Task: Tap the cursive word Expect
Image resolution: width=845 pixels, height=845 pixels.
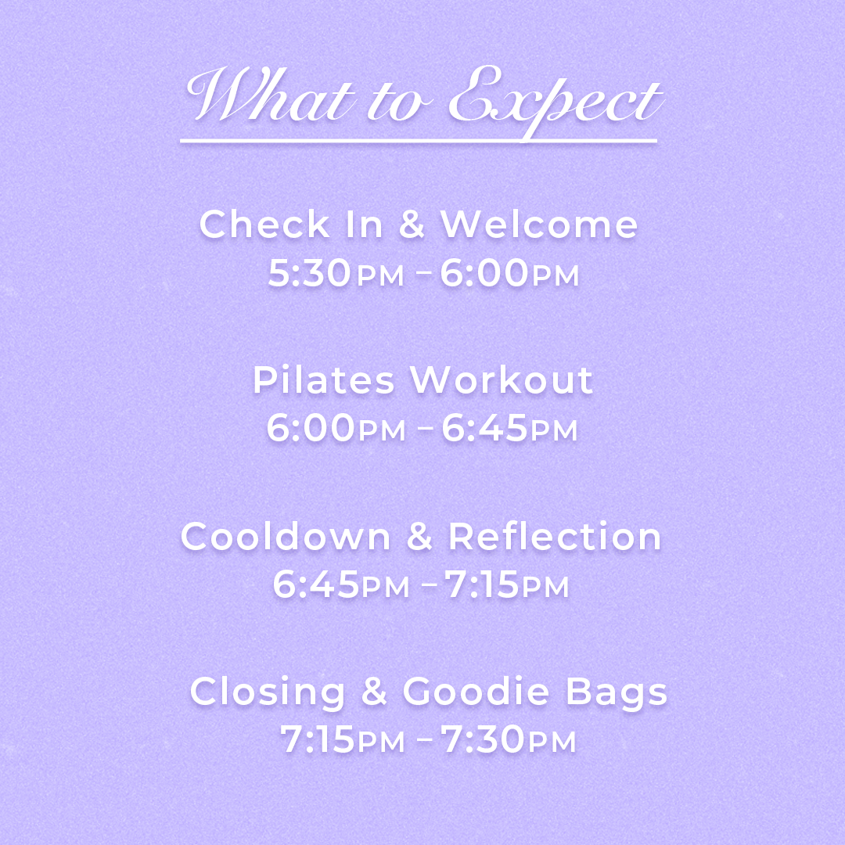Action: pos(556,100)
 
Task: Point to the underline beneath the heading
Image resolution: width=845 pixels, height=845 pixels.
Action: pos(419,141)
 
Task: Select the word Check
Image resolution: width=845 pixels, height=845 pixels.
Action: pos(264,225)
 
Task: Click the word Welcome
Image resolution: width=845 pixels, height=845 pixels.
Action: pos(539,225)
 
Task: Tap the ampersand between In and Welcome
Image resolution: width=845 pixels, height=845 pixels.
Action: pos(412,225)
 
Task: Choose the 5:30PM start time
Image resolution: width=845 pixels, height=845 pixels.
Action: pos(336,273)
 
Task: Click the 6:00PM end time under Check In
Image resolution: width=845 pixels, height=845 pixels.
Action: pos(509,273)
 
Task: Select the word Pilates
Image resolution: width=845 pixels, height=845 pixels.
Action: pos(324,380)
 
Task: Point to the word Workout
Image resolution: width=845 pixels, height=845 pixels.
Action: pos(502,380)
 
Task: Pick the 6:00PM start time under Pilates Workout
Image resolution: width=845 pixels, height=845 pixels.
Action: pos(336,429)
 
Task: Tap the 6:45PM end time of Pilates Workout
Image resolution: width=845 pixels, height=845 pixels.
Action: pos(509,429)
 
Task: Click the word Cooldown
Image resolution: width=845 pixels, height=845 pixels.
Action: pos(286,537)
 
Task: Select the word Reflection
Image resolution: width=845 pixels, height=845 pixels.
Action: pos(555,537)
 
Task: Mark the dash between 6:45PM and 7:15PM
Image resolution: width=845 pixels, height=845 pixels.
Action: pos(430,584)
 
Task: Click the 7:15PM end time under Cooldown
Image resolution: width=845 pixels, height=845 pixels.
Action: pos(506,584)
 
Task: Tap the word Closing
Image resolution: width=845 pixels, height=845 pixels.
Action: pos(268,692)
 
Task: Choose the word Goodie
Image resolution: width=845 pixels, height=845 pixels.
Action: pos(476,692)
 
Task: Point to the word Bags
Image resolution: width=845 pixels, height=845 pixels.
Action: pos(617,692)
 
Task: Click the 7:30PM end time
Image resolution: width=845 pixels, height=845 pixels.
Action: pos(509,739)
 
